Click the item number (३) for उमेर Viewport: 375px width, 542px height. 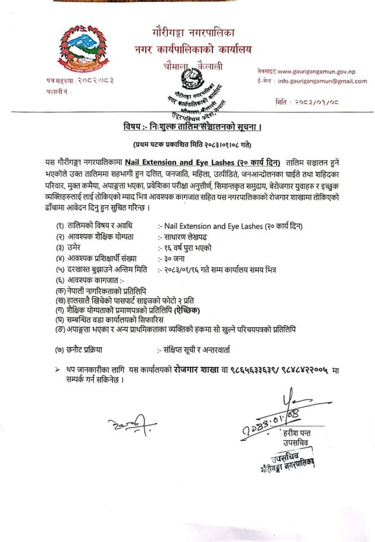(60, 247)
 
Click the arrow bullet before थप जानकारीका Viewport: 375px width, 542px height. (57, 370)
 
